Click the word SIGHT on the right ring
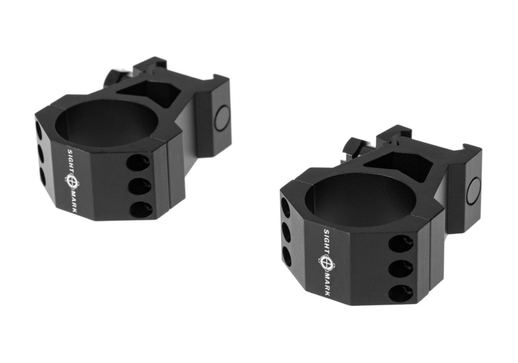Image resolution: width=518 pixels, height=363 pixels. click(326, 241)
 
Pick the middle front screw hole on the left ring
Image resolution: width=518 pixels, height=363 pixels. click(139, 186)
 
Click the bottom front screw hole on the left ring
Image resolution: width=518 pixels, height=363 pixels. click(141, 209)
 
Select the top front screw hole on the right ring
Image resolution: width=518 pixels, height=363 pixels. click(401, 244)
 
